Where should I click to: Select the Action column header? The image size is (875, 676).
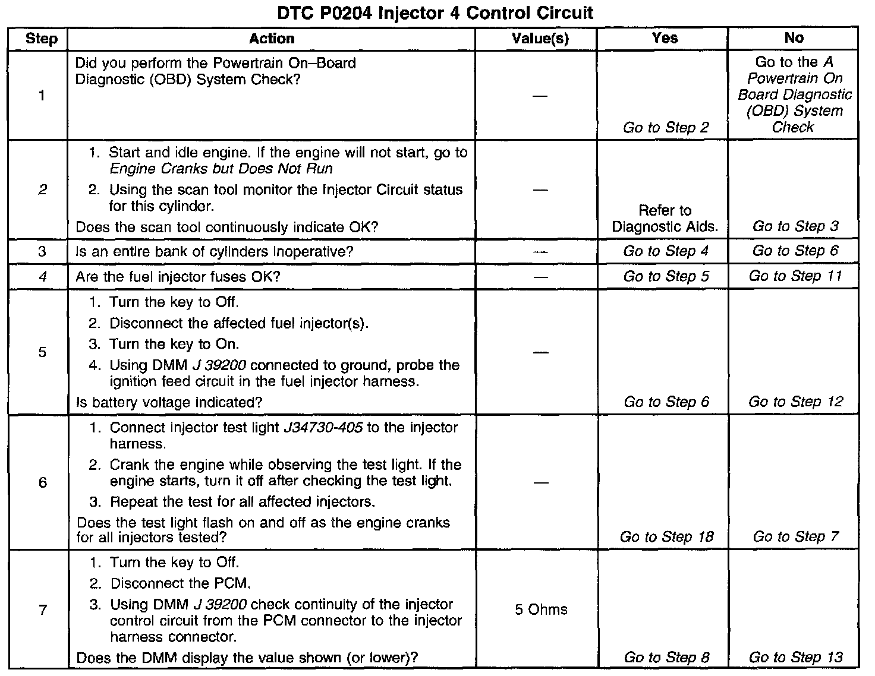click(x=272, y=39)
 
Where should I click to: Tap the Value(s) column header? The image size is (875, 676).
click(x=540, y=39)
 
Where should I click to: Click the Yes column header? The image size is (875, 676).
click(x=665, y=39)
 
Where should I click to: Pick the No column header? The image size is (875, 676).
click(x=794, y=39)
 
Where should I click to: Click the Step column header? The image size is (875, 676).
click(x=42, y=39)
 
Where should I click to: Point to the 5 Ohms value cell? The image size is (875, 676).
click(x=541, y=610)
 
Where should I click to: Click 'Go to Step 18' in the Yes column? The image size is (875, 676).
click(x=666, y=538)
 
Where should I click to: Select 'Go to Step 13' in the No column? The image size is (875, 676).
click(x=795, y=658)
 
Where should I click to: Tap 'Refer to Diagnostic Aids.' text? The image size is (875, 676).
click(x=665, y=219)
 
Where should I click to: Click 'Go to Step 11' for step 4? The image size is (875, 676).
click(x=795, y=276)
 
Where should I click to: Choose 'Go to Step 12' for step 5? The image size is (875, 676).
click(x=795, y=402)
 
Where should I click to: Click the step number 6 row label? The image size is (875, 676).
click(x=42, y=482)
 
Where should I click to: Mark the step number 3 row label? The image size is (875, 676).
click(x=42, y=251)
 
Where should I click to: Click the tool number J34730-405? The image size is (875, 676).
click(x=325, y=428)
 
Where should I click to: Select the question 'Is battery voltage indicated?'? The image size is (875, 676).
click(x=169, y=403)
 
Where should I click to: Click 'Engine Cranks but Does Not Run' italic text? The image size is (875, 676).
click(x=221, y=169)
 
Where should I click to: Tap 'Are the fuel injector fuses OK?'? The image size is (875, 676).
click(x=178, y=277)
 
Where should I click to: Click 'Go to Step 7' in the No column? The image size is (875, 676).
click(x=795, y=538)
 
